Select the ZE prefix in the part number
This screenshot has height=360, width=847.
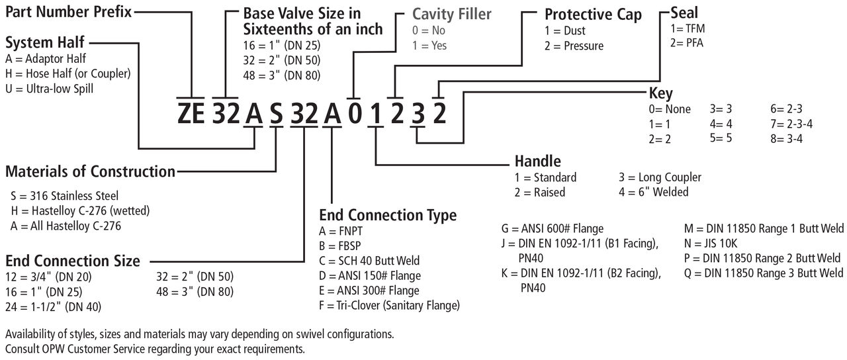[192, 114]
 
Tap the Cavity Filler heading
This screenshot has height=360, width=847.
[452, 14]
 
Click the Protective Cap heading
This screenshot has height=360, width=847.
[593, 15]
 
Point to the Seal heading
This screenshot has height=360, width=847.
[684, 12]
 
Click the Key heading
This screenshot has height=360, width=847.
[660, 93]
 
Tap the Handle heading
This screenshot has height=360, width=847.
[537, 161]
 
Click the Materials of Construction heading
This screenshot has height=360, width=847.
[90, 171]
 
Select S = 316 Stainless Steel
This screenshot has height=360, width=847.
[65, 196]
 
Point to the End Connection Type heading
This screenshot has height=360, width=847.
[388, 215]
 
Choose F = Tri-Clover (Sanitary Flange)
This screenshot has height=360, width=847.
[389, 305]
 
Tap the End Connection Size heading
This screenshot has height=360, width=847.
[73, 260]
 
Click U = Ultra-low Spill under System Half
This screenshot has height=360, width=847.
[49, 88]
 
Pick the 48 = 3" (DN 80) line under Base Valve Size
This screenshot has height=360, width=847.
[282, 75]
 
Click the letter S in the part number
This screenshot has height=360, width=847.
[277, 114]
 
